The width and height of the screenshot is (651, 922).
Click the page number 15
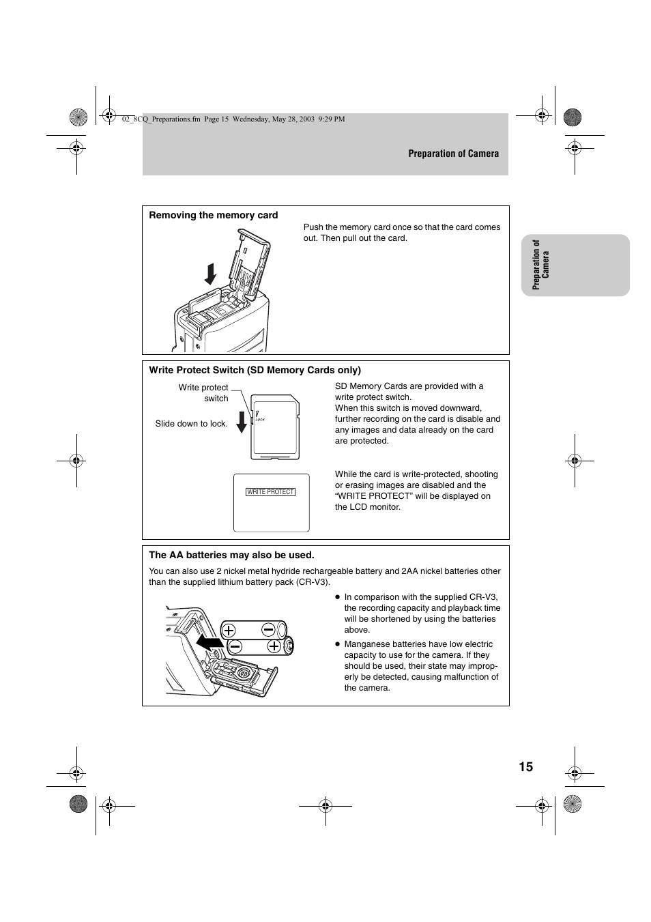[525, 766]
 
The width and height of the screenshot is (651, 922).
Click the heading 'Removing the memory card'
[213, 215]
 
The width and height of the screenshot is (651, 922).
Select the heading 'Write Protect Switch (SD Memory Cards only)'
[255, 370]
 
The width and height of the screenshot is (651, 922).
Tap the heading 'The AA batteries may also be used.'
[231, 555]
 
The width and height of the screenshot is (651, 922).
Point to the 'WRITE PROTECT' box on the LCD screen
[270, 491]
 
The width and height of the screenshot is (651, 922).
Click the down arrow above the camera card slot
[211, 274]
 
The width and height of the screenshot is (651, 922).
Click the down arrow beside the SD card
[242, 422]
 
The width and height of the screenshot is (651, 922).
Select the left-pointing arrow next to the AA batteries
[209, 642]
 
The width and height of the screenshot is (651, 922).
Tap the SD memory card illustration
[276, 427]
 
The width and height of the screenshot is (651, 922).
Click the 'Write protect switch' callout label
[203, 392]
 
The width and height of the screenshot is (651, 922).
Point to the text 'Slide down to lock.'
[191, 424]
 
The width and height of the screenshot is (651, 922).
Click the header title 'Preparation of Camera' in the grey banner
[453, 154]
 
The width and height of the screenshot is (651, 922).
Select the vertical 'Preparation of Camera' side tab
[540, 265]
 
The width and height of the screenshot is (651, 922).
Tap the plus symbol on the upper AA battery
[229, 631]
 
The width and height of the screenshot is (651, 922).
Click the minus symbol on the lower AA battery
[235, 646]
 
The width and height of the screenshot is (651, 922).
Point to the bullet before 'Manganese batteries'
[337, 644]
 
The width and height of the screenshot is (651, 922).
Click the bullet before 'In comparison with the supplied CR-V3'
[337, 597]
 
